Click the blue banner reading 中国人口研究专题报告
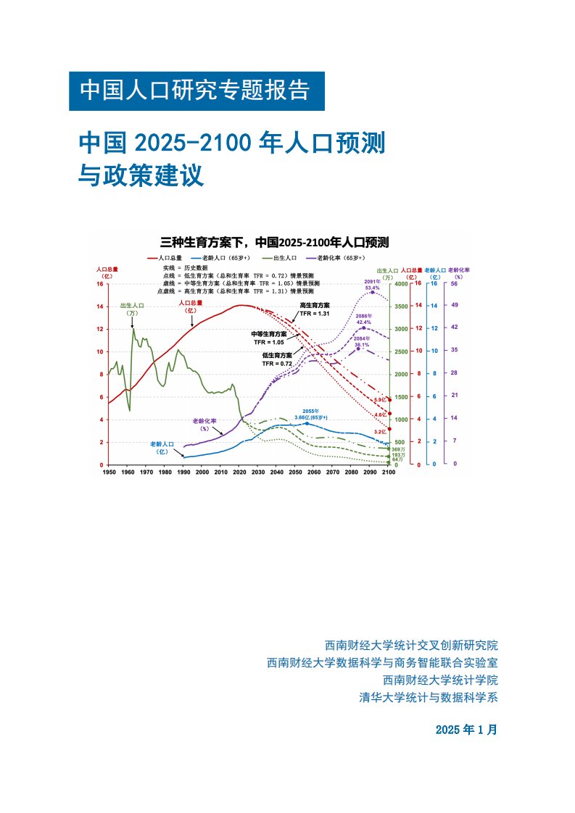pyautogui.click(x=196, y=91)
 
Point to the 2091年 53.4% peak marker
pyautogui.click(x=373, y=292)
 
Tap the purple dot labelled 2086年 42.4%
pyautogui.click(x=364, y=328)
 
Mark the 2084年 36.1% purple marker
pyautogui.click(x=358, y=349)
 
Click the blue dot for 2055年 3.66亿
pyautogui.click(x=306, y=423)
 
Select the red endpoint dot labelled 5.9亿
pyautogui.click(x=390, y=400)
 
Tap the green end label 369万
pyautogui.click(x=397, y=449)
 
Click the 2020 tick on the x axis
pyautogui.click(x=239, y=472)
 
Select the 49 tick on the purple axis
pyautogui.click(x=455, y=306)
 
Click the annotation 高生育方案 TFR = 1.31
pyautogui.click(x=315, y=309)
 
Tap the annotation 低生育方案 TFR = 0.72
pyautogui.click(x=278, y=359)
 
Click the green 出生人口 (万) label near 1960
pyautogui.click(x=132, y=309)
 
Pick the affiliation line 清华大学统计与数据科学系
pyautogui.click(x=429, y=698)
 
